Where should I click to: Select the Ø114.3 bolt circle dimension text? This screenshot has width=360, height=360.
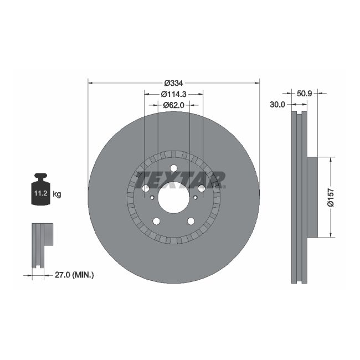(x=173, y=94)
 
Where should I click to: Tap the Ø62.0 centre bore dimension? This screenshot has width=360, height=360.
(x=173, y=104)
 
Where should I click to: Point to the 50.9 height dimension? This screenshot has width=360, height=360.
(x=304, y=93)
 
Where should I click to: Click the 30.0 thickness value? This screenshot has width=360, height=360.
(x=277, y=104)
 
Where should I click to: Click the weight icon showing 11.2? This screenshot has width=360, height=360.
(x=40, y=191)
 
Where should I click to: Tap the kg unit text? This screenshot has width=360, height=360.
(x=57, y=194)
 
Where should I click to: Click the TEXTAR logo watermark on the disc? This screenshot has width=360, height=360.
(x=180, y=179)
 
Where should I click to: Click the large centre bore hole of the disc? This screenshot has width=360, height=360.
(x=173, y=197)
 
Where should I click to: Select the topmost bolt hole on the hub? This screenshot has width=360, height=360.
(x=173, y=168)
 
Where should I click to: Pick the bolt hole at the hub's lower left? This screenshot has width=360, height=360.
(x=156, y=222)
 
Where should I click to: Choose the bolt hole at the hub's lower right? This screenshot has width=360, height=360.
(x=191, y=222)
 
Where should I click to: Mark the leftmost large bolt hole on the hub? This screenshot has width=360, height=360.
(x=146, y=189)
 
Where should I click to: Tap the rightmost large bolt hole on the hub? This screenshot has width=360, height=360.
(x=202, y=189)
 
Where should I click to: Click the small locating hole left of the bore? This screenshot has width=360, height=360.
(x=152, y=197)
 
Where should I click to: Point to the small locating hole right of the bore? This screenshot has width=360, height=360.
(x=195, y=197)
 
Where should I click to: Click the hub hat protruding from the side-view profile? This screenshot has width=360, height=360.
(x=312, y=197)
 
